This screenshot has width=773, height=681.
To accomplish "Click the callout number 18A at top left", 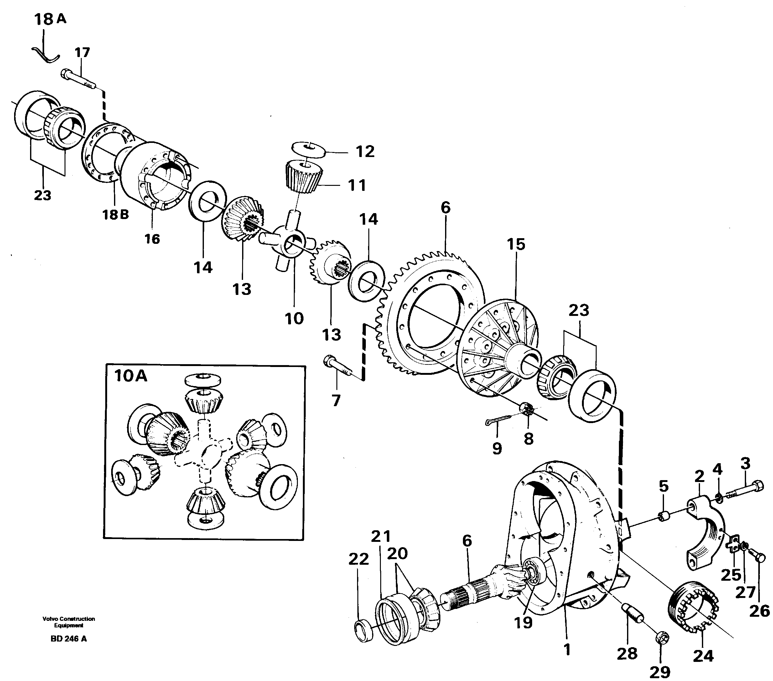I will click(49, 19).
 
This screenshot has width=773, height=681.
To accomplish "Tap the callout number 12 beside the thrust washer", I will click(365, 151).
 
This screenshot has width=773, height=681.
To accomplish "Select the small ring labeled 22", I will click(362, 630).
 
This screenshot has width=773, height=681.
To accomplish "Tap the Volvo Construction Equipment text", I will click(69, 622).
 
